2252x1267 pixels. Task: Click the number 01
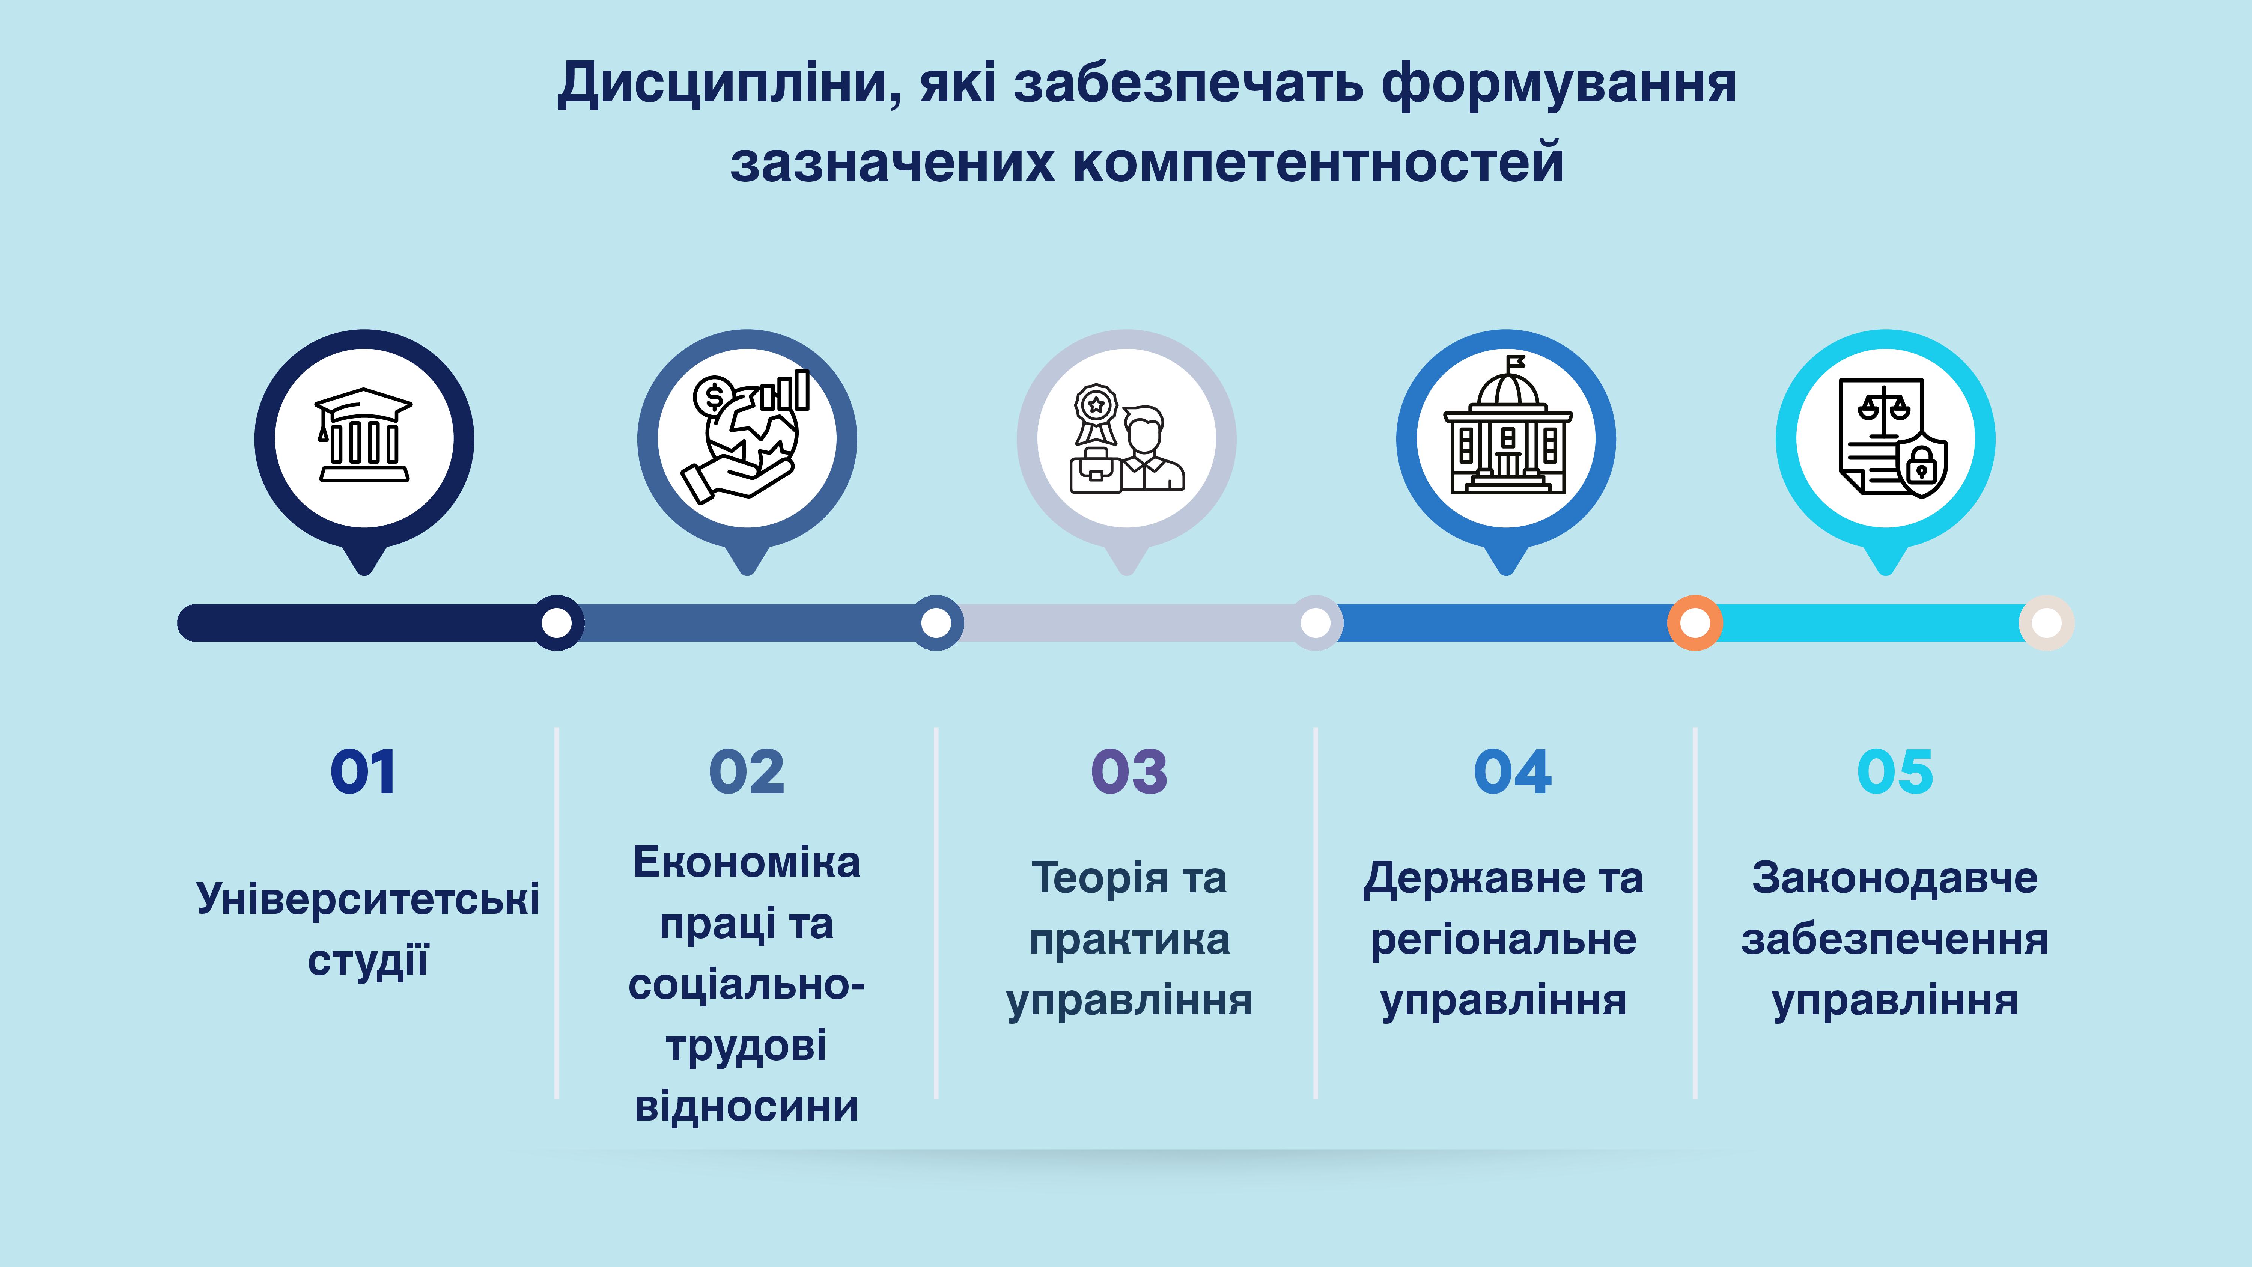point(363,772)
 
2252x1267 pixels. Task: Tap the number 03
point(1129,772)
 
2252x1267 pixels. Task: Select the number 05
point(1894,772)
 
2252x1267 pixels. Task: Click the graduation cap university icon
point(364,435)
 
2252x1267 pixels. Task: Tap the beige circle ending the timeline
point(2047,622)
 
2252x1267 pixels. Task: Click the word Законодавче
point(1894,878)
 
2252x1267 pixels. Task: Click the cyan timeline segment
point(1871,622)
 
